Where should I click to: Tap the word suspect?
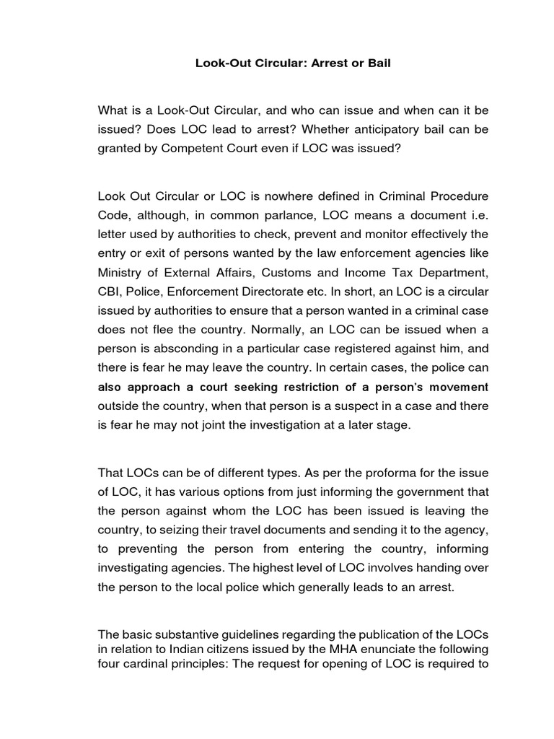pos(359,406)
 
